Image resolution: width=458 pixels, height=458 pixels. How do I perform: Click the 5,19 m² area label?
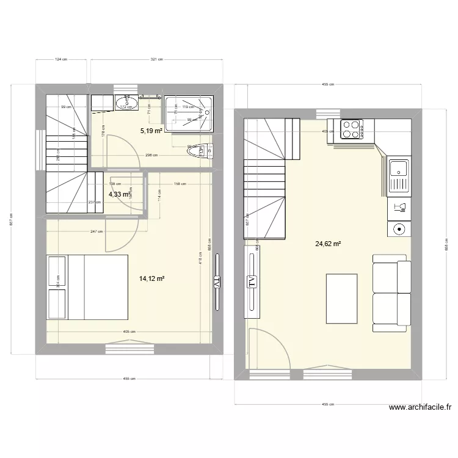click(151, 131)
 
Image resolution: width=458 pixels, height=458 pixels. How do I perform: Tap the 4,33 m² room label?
click(120, 195)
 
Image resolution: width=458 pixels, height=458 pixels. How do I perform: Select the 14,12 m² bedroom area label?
click(152, 278)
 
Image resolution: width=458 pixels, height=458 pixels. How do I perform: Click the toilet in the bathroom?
click(203, 150)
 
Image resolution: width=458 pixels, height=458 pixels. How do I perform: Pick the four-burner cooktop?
click(352, 130)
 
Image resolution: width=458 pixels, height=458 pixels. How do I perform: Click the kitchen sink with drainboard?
click(399, 175)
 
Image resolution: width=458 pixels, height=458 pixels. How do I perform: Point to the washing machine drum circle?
click(398, 230)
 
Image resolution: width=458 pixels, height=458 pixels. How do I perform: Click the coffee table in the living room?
click(341, 299)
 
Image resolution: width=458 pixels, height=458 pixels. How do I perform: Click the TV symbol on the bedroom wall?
click(217, 282)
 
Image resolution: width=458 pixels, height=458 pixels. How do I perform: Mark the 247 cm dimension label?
click(96, 232)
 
